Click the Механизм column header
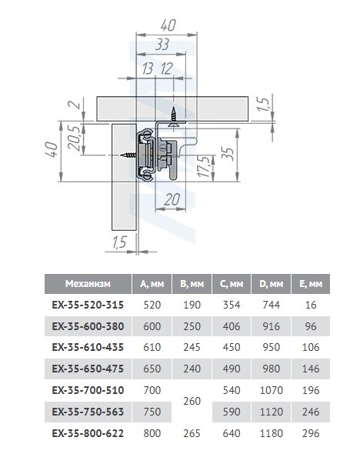point(88,283)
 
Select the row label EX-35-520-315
point(88,305)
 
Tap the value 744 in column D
point(271,305)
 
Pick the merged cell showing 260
point(192,401)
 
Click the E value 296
point(311,433)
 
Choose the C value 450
point(232,347)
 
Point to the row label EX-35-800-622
point(88,433)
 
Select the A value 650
point(152,369)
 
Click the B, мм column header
point(192,283)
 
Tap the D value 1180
point(271,433)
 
